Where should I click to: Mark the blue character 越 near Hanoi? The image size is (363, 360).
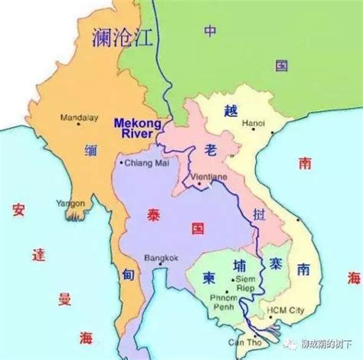[227, 110]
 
